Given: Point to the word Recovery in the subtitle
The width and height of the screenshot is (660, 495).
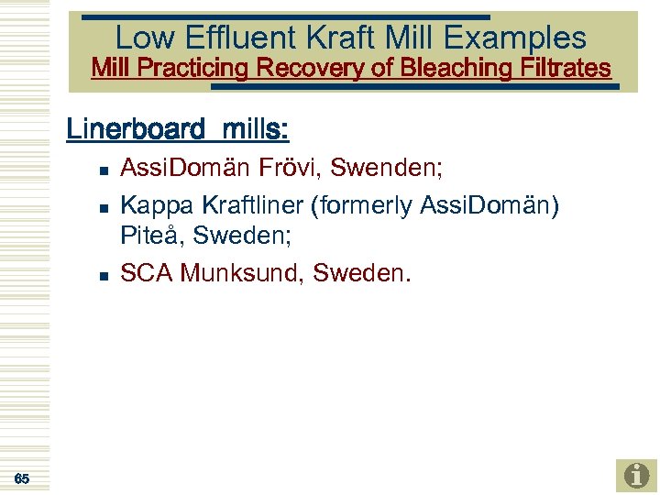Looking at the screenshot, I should pos(312,68).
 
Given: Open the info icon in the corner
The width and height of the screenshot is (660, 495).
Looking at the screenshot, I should pos(636,476).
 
